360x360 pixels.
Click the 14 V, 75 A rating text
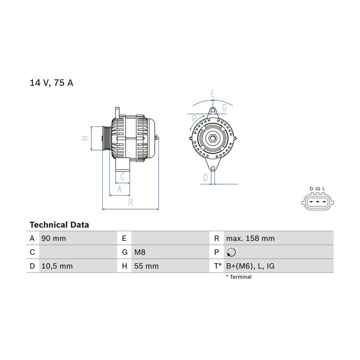52,83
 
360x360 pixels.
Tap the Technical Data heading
59,225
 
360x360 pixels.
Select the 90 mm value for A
54,238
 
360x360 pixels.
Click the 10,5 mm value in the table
57,266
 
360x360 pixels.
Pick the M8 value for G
140,252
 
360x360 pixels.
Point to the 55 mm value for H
146,266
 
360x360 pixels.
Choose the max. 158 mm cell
250,238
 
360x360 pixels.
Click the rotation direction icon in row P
231,252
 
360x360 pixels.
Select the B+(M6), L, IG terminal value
250,266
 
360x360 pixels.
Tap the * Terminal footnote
239,277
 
